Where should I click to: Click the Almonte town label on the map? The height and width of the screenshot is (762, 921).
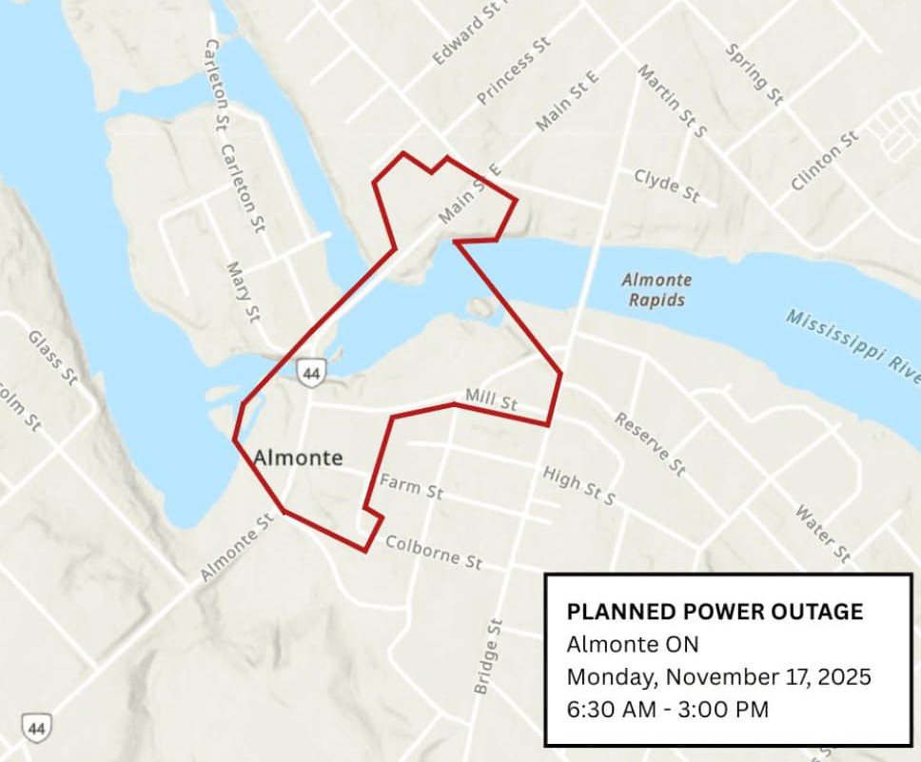point(298,459)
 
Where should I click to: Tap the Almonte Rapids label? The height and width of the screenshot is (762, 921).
point(656,290)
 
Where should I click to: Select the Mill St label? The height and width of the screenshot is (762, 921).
point(491,400)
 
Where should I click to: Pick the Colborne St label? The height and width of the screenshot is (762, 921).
point(433,553)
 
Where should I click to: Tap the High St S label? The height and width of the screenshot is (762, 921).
point(578,485)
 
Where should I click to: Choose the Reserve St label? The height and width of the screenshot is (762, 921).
point(650,443)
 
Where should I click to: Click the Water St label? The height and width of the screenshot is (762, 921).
point(823,534)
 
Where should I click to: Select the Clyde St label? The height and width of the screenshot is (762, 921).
point(667,186)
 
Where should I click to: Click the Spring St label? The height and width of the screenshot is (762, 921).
point(754,74)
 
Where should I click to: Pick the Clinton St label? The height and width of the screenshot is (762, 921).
point(824,161)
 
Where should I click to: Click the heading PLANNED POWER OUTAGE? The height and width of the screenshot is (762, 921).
point(715,612)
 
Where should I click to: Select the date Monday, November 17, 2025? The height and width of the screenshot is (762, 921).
point(718,677)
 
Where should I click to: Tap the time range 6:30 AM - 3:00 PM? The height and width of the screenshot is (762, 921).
point(667,709)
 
